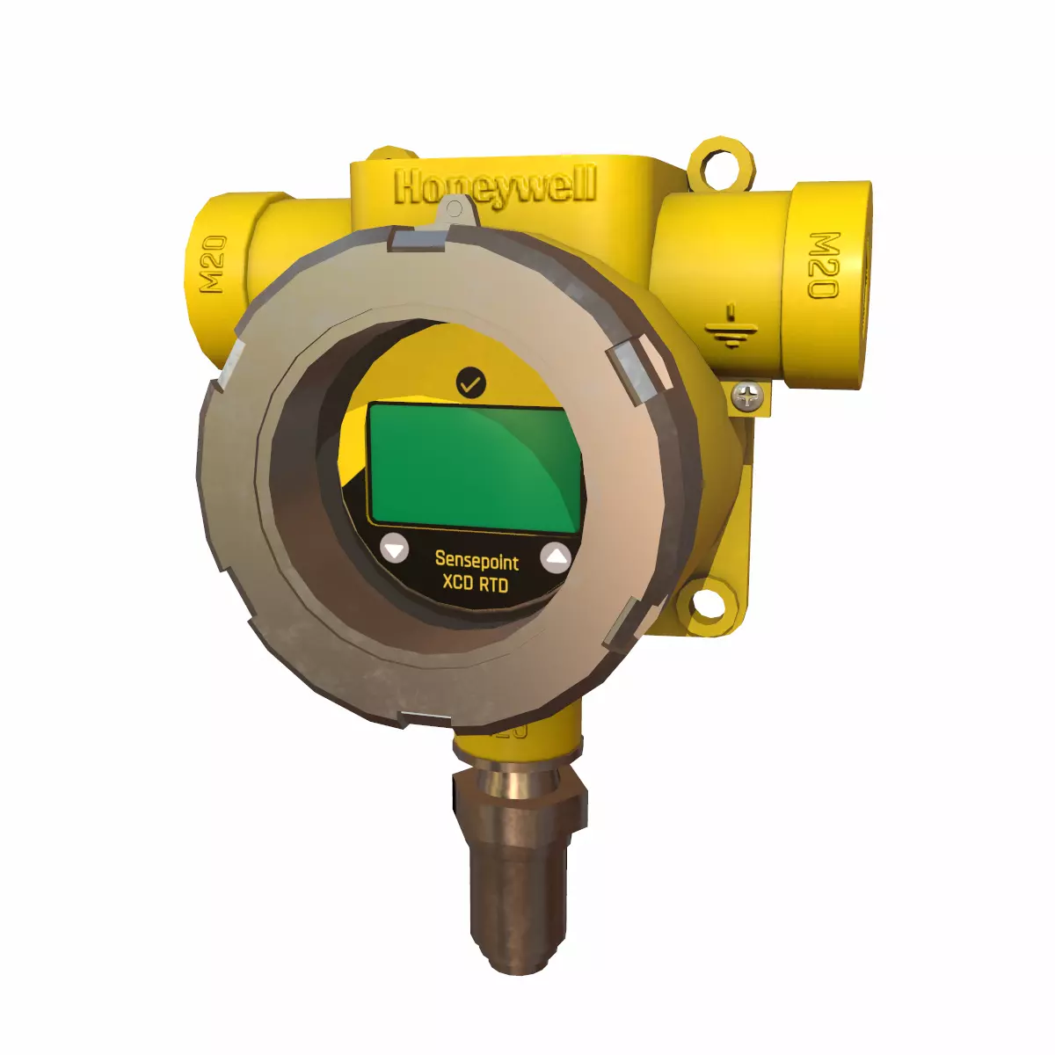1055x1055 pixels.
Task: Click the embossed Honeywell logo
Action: [x=495, y=188]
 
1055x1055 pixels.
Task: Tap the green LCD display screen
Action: [x=475, y=466]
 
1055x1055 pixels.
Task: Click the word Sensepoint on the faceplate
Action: [x=477, y=560]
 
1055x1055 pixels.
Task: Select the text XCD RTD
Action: [x=475, y=583]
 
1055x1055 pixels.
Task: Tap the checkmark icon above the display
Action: [x=471, y=382]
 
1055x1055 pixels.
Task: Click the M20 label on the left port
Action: [x=214, y=265]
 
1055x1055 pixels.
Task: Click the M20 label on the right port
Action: [x=824, y=265]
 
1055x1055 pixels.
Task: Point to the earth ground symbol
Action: [x=731, y=328]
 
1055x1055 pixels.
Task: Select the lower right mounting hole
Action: [x=709, y=604]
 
